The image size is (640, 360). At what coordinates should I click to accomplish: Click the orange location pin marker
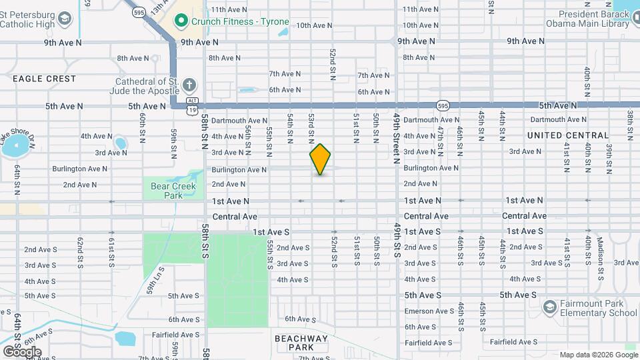tap(320, 159)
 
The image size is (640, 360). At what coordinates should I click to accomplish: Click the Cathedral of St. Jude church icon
tap(189, 85)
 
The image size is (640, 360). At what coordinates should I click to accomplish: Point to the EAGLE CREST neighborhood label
tap(44, 79)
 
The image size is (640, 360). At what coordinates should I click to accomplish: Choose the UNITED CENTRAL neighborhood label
tap(568, 135)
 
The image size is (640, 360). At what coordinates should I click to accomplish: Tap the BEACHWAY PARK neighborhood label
tap(302, 343)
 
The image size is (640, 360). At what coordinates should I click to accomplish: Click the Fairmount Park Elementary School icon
tap(549, 307)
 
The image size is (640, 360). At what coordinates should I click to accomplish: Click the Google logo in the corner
tap(21, 351)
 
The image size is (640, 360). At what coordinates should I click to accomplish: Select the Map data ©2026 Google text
tap(598, 355)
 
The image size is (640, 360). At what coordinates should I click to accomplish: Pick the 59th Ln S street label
tap(155, 280)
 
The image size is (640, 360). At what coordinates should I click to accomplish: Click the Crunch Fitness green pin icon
tap(180, 21)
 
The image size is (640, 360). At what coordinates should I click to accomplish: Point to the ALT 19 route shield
tap(193, 106)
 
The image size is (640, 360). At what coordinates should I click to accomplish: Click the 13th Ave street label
tap(159, 7)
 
